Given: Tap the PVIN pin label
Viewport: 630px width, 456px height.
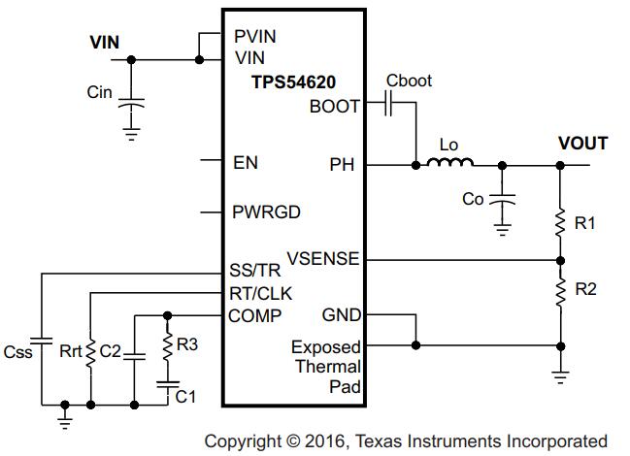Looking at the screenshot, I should (255, 36).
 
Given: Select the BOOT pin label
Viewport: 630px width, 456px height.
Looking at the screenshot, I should (334, 106).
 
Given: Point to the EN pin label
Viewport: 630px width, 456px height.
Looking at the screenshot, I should (246, 163).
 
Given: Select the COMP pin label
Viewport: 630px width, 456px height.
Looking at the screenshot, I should (255, 315).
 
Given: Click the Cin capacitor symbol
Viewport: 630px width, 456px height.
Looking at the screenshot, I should (131, 99).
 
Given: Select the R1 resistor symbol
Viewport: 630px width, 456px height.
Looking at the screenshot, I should (560, 224).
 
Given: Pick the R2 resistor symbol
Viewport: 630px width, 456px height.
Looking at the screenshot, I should (560, 289).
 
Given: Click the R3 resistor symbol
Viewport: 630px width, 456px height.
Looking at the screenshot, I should (167, 344).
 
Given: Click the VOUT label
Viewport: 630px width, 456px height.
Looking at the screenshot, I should (582, 144).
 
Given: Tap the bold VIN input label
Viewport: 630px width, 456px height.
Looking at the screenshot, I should (105, 42).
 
